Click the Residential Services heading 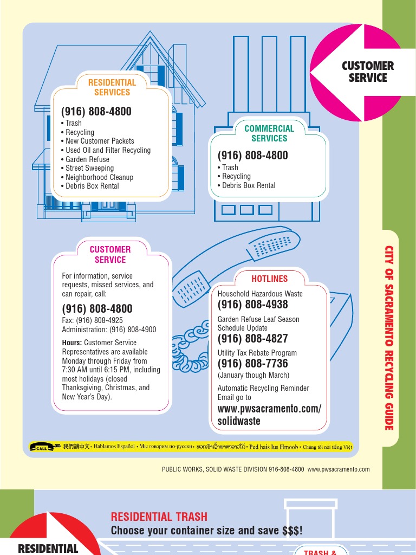click(112, 87)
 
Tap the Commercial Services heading click(269, 133)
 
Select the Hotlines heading click(269, 279)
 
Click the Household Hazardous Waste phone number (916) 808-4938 click(252, 305)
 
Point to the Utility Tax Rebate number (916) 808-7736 click(252, 363)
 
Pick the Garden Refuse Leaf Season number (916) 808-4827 click(252, 339)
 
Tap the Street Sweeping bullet click(89, 168)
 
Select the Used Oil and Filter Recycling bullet click(108, 150)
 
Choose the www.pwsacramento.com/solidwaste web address click(269, 415)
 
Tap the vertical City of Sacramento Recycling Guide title click(388, 338)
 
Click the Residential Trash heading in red click(159, 517)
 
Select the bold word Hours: click(72, 343)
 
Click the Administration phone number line click(109, 330)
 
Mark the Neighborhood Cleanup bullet click(99, 177)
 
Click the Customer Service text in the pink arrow click(368, 72)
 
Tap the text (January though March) click(253, 375)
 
